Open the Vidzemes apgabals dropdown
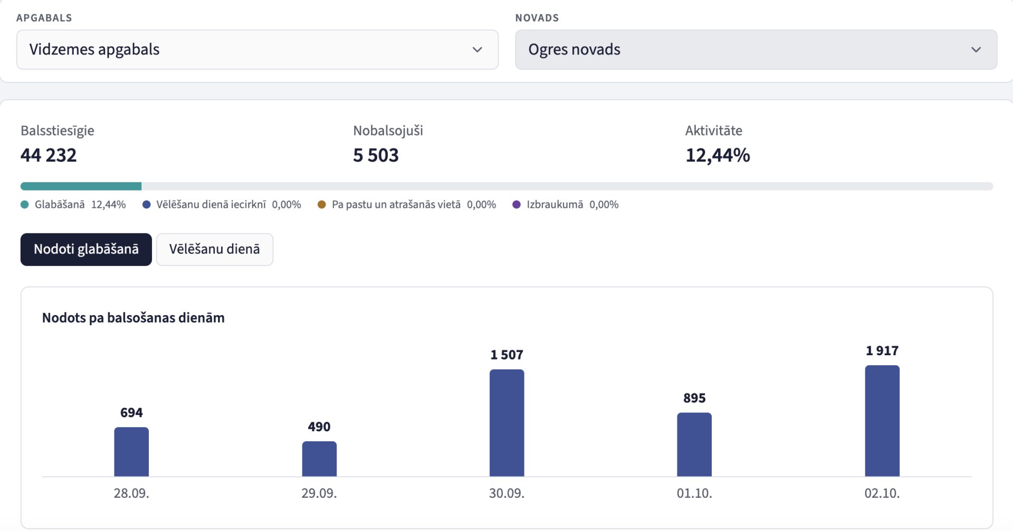pos(257,50)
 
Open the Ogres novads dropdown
pos(756,50)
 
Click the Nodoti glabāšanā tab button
pos(86,249)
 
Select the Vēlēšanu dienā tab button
pos(215,249)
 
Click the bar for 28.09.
pos(131,452)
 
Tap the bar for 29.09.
pos(319,459)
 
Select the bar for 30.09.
pos(507,423)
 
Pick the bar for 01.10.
pos(694,444)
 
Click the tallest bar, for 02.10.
pos(882,421)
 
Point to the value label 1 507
pos(507,355)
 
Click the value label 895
pos(694,398)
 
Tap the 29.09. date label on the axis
pos(319,493)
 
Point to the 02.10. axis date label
pos(882,493)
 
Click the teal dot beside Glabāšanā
pos(25,204)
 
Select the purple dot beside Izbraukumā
pos(517,204)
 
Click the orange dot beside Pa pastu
pos(322,204)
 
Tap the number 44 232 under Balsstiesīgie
pos(49,155)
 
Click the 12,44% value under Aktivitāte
pos(718,155)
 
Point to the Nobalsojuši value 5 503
pos(376,155)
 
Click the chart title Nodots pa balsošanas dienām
pos(133,318)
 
